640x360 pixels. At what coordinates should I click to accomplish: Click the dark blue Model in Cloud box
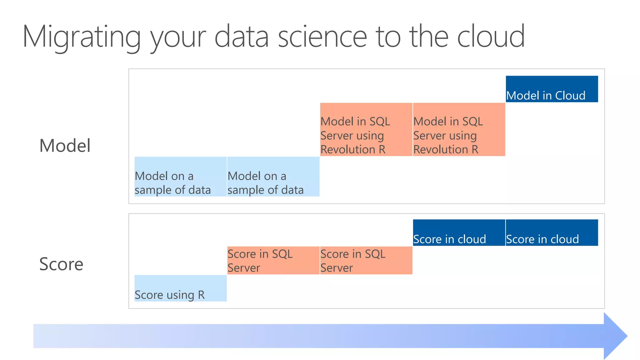coord(552,89)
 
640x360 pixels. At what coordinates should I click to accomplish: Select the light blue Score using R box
coord(180,288)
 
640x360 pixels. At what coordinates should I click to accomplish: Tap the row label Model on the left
coord(65,146)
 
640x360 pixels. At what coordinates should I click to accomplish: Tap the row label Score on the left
coord(61,264)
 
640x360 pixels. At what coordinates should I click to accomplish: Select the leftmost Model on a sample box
coord(180,177)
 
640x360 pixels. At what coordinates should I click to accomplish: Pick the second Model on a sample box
coord(273,177)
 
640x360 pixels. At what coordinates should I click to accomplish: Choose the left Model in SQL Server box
coord(366,129)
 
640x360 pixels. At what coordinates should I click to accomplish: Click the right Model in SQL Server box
coord(459,129)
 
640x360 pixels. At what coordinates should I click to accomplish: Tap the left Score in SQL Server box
coord(273,260)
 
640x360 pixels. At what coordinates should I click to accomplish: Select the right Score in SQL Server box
coord(366,260)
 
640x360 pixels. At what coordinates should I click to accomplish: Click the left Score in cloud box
coord(459,233)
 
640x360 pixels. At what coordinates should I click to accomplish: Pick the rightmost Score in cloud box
coord(552,233)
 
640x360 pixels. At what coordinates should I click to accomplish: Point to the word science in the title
coord(322,37)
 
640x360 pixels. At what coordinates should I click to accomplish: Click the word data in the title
coord(241,37)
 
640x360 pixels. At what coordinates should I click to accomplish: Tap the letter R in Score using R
coord(201,295)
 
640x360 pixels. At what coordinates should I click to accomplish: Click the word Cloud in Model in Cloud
coord(570,96)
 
